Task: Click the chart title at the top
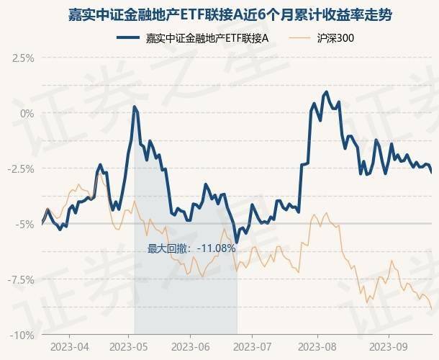click(219, 14)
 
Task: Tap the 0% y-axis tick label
click(27, 113)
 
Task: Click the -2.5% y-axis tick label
click(22, 168)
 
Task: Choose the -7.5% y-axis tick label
click(22, 279)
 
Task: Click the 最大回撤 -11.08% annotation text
click(191, 248)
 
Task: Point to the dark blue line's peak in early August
click(327, 92)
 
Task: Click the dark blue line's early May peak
click(135, 107)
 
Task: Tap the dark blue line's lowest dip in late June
click(236, 243)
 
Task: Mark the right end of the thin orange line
click(432, 309)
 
